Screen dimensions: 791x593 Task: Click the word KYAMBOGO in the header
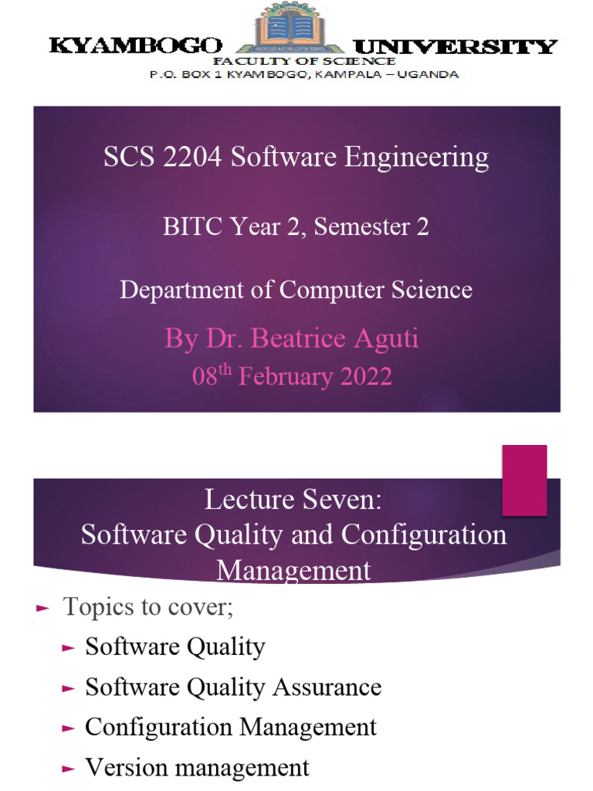pos(135,46)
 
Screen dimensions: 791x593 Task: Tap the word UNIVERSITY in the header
pos(456,46)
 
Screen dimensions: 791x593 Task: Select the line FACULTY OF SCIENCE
pos(304,61)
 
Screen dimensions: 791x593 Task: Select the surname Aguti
pos(383,339)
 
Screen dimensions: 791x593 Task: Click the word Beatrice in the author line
pos(298,339)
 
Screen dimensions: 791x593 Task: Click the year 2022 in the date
pos(366,377)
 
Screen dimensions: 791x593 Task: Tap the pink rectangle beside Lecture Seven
pos(525,480)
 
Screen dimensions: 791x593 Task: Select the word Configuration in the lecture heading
pos(424,535)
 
